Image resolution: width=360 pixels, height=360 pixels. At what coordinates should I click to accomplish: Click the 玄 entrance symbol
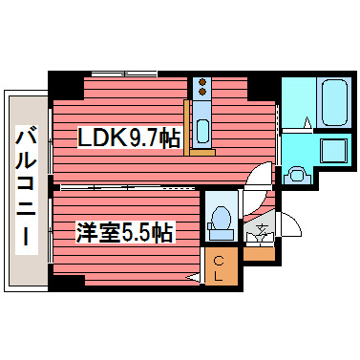point(259,231)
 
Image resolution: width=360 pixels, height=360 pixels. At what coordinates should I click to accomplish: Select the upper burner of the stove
point(202,84)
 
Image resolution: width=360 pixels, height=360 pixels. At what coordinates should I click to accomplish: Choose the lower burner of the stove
point(202,95)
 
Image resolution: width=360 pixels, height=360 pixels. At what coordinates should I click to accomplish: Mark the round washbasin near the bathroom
point(296,175)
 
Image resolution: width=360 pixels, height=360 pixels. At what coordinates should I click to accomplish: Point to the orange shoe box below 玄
point(258,253)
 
